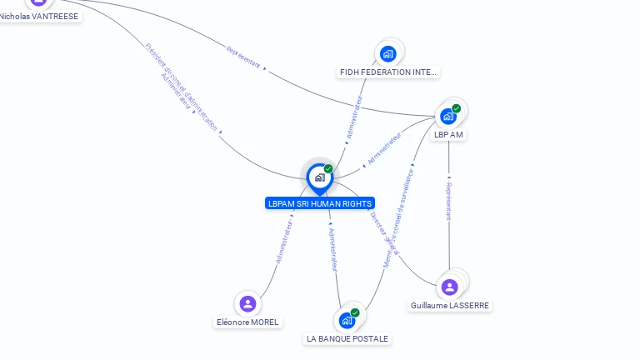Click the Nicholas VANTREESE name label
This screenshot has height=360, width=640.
39,16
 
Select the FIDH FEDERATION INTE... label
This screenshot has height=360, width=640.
387,72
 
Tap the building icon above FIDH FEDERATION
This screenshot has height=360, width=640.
387,54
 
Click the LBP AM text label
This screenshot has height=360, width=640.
448,135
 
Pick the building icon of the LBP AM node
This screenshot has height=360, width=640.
448,117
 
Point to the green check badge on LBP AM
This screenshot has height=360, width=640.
457,108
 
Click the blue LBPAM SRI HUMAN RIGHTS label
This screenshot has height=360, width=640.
320,203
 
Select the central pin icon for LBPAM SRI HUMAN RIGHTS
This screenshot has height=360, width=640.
319,177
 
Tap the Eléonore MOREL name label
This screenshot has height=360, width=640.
247,322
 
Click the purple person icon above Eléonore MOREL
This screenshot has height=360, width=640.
247,303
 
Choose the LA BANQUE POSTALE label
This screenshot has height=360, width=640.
347,339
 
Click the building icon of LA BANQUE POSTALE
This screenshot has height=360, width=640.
347,320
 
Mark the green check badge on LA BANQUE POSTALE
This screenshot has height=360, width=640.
355,312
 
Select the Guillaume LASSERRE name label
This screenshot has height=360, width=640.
450,306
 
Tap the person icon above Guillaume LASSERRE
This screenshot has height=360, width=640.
450,287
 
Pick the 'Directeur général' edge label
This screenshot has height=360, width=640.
384,232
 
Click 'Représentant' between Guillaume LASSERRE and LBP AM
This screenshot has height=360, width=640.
449,199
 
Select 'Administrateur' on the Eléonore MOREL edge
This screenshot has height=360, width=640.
283,242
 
